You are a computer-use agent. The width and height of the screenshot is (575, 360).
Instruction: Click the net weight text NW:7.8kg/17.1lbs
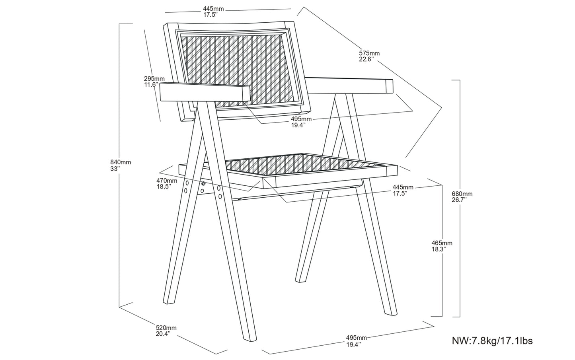click(x=492, y=341)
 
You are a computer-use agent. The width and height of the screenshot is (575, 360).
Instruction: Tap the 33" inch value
click(x=115, y=169)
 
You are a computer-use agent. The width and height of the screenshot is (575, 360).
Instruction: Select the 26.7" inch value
click(x=459, y=200)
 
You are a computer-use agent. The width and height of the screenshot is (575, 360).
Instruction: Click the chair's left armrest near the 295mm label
click(x=205, y=92)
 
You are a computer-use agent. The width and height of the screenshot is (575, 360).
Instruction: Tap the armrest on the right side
click(x=349, y=86)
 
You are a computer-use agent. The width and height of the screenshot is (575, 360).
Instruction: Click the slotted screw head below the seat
click(x=203, y=183)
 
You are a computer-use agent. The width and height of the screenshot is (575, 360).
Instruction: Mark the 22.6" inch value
click(x=366, y=60)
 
